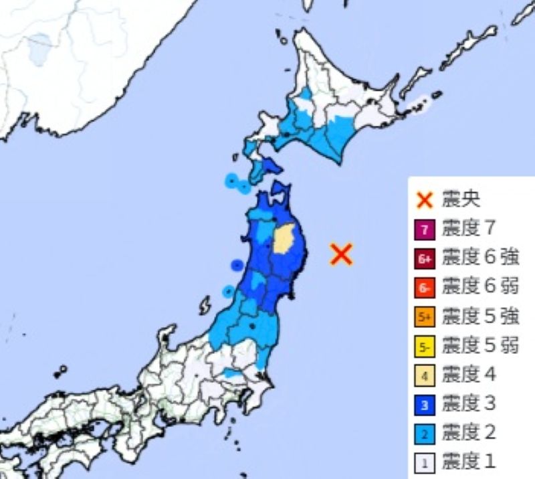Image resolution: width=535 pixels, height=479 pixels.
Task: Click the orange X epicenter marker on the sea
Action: [x=341, y=254]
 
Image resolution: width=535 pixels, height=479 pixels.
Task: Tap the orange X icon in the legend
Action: [x=423, y=199]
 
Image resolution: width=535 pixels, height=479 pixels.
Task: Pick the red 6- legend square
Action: [x=423, y=288]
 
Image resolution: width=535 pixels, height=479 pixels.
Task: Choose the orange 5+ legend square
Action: [x=423, y=317]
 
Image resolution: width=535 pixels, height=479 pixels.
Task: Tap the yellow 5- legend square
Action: [x=423, y=346]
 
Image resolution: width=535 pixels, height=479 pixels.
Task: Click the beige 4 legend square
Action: [x=423, y=375]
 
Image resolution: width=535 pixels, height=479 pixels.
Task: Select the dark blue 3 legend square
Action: [x=423, y=404]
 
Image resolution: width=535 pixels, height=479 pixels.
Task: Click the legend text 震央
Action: [x=461, y=199]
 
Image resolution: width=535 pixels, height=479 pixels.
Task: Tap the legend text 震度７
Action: [x=469, y=229]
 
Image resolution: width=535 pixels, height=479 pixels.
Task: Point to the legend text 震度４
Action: [x=469, y=375]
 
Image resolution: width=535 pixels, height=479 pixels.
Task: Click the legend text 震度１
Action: [x=469, y=462]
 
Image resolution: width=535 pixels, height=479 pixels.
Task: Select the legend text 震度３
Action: [x=469, y=404]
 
